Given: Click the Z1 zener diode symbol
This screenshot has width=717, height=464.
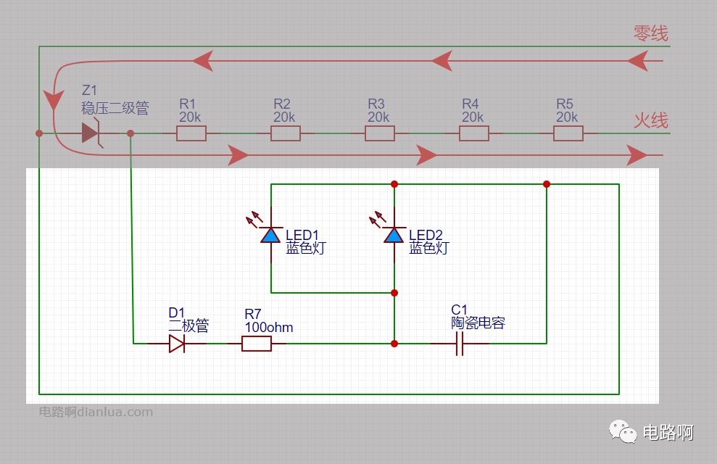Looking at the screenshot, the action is pyautogui.click(x=91, y=133).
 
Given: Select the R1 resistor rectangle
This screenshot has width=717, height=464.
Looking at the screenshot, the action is pyautogui.click(x=191, y=133).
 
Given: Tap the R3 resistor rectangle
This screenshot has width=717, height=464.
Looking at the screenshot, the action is pyautogui.click(x=380, y=133).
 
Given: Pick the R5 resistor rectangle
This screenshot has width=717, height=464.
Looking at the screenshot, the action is pyautogui.click(x=568, y=133).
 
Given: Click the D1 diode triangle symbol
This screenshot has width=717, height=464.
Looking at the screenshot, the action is pyautogui.click(x=177, y=344).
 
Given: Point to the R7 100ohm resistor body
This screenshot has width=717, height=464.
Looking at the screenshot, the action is pyautogui.click(x=257, y=344).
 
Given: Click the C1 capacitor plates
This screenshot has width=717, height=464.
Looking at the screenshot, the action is pyautogui.click(x=460, y=344).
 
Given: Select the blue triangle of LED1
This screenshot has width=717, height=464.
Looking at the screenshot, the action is pyautogui.click(x=270, y=236).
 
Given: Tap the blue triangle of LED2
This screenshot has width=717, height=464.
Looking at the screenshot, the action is pyautogui.click(x=394, y=236).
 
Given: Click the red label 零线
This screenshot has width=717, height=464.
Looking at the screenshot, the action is pyautogui.click(x=651, y=33).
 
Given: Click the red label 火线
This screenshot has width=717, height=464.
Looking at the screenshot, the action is pyautogui.click(x=651, y=120).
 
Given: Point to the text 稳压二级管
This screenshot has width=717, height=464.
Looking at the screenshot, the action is pyautogui.click(x=115, y=108).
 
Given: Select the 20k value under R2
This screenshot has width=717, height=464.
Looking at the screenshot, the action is pyautogui.click(x=284, y=117).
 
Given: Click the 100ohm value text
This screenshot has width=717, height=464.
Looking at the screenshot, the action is pyautogui.click(x=269, y=327).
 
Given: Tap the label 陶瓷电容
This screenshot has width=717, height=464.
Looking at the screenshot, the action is pyautogui.click(x=478, y=323).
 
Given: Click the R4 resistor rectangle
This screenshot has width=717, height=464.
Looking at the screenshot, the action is pyautogui.click(x=473, y=133).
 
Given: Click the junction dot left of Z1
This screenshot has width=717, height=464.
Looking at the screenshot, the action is pyautogui.click(x=39, y=133).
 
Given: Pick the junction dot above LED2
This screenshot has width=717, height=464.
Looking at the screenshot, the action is pyautogui.click(x=394, y=184).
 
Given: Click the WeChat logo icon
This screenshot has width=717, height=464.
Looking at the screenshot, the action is pyautogui.click(x=622, y=431).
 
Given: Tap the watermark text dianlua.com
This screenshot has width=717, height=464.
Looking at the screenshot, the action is pyautogui.click(x=115, y=412).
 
